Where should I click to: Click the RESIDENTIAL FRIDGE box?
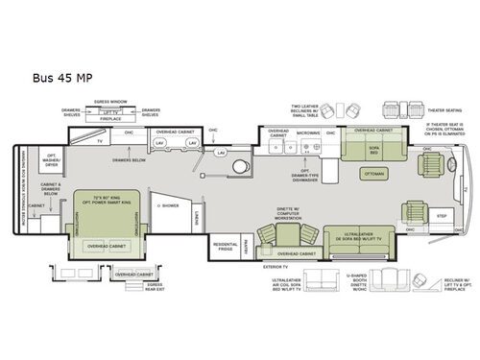coord(227,248)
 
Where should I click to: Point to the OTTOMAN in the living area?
coord(373,175)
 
